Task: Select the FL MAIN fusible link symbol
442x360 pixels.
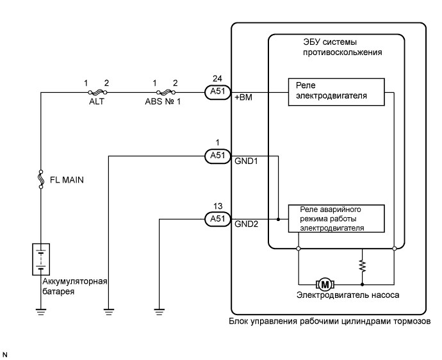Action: (x=41, y=179)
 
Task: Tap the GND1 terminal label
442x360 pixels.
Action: (x=246, y=161)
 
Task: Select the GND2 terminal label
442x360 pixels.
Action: (x=246, y=225)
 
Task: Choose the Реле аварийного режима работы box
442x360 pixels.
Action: (x=336, y=218)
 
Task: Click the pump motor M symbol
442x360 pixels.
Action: (x=325, y=282)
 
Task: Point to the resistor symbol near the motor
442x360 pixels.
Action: (x=363, y=265)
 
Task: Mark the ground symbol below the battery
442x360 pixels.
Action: (x=41, y=312)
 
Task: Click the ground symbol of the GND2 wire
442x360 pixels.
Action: (x=158, y=312)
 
